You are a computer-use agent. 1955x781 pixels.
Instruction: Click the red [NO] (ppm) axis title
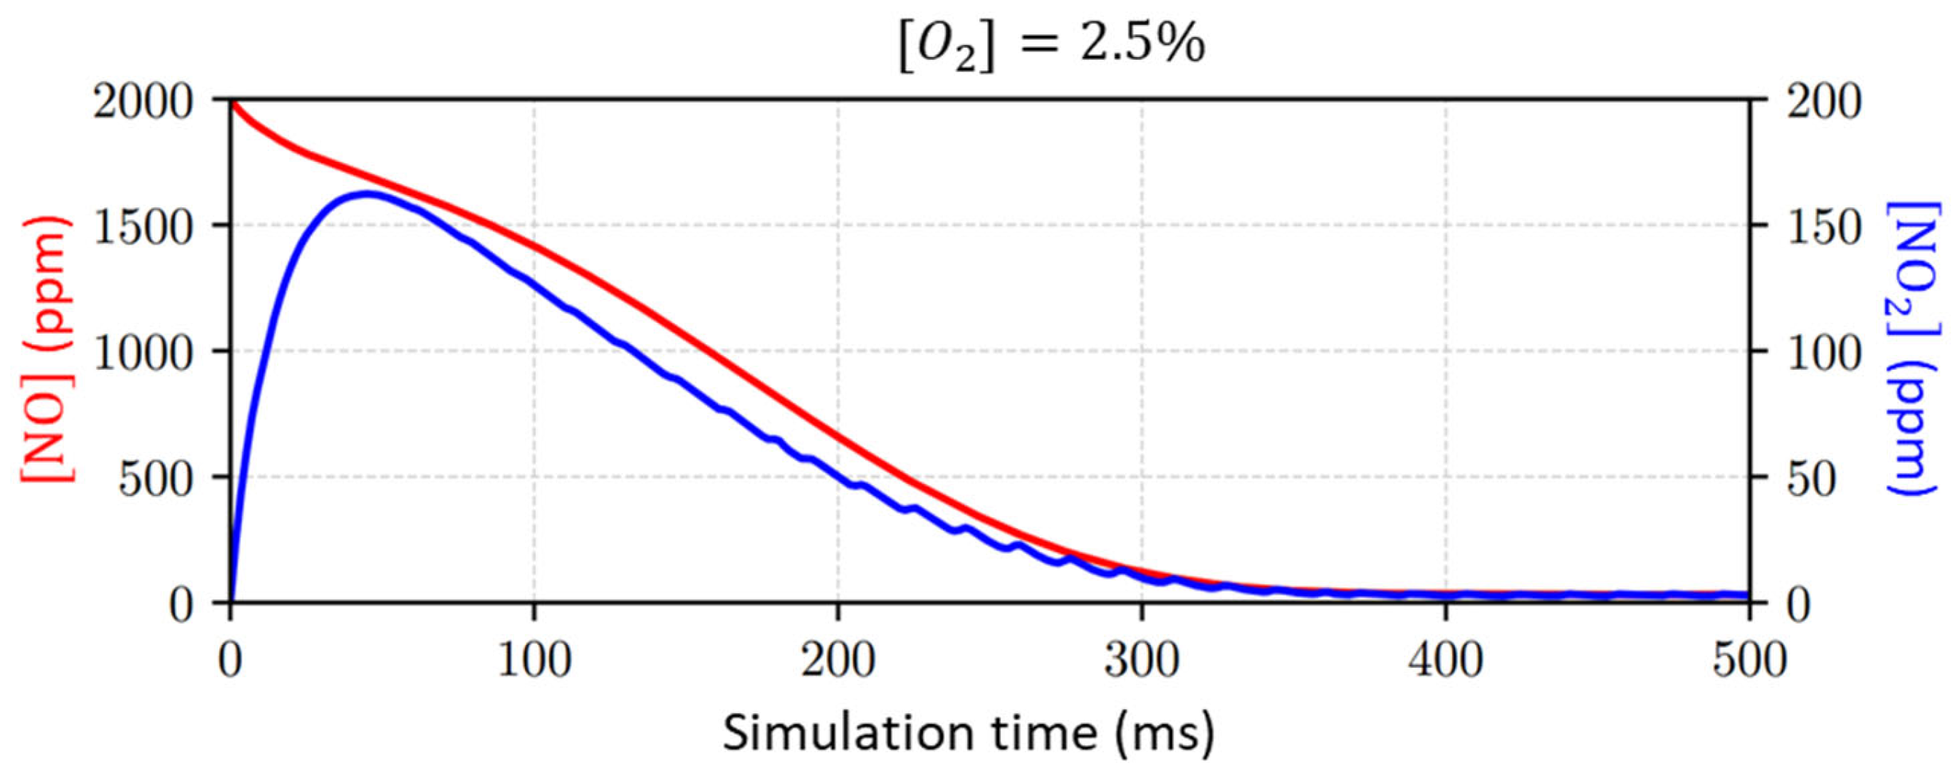coord(47,351)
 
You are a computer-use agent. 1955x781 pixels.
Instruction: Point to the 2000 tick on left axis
coord(142,101)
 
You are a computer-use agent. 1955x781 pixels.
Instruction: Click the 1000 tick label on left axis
coord(142,351)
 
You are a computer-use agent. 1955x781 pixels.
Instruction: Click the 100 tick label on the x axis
coord(534,660)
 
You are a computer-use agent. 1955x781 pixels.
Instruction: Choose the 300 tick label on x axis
coord(1142,660)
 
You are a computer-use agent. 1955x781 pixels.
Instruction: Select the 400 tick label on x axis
coord(1445,660)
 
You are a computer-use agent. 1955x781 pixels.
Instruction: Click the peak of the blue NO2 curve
coord(367,194)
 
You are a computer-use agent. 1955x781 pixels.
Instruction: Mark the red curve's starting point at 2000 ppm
coord(231,101)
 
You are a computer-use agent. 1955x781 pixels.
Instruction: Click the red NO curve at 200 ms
coord(838,436)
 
